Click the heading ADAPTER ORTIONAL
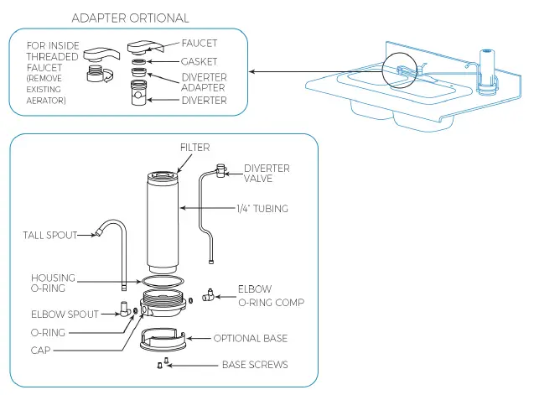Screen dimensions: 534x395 tap(130, 18)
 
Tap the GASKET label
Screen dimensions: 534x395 tap(199, 61)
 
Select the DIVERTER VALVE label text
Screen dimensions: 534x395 tap(267, 173)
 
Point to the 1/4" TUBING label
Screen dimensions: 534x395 tap(262, 208)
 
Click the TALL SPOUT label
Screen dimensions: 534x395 tap(50, 235)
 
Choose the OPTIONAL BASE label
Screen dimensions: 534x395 tap(251, 338)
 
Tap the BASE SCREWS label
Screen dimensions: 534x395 tap(255, 365)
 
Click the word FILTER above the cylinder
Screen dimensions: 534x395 tap(194, 148)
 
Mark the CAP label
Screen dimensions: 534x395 tap(40, 350)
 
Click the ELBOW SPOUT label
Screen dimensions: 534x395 tap(65, 314)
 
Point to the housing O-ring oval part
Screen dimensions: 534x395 tap(163, 277)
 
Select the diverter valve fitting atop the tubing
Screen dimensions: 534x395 tap(221, 170)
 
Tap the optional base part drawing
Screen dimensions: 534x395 tap(163, 340)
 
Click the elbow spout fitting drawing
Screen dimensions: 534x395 tap(124, 309)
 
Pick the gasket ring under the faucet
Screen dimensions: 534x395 tap(138, 62)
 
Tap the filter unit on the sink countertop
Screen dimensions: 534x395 tap(487, 71)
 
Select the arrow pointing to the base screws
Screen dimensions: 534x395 tap(193, 366)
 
